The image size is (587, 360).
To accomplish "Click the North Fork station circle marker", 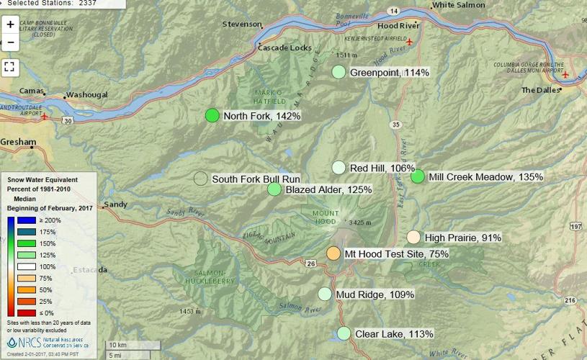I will [212, 115].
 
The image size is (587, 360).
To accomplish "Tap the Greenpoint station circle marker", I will [339, 72].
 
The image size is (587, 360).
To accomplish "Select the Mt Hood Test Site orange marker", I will [333, 253].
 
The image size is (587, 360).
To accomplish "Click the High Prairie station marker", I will [413, 237].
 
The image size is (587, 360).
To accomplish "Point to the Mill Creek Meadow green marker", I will [417, 176].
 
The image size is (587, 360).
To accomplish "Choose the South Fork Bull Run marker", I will [200, 179].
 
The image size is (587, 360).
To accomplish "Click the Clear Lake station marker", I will [344, 333].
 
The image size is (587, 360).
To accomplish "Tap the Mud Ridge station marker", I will [325, 294].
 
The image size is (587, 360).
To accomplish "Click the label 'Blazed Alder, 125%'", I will [328, 189].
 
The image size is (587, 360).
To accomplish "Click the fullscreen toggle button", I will [10, 67].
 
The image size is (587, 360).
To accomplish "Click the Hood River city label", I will [398, 25].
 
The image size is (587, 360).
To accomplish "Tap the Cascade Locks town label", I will [286, 48].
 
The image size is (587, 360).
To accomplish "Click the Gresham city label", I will [17, 143].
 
